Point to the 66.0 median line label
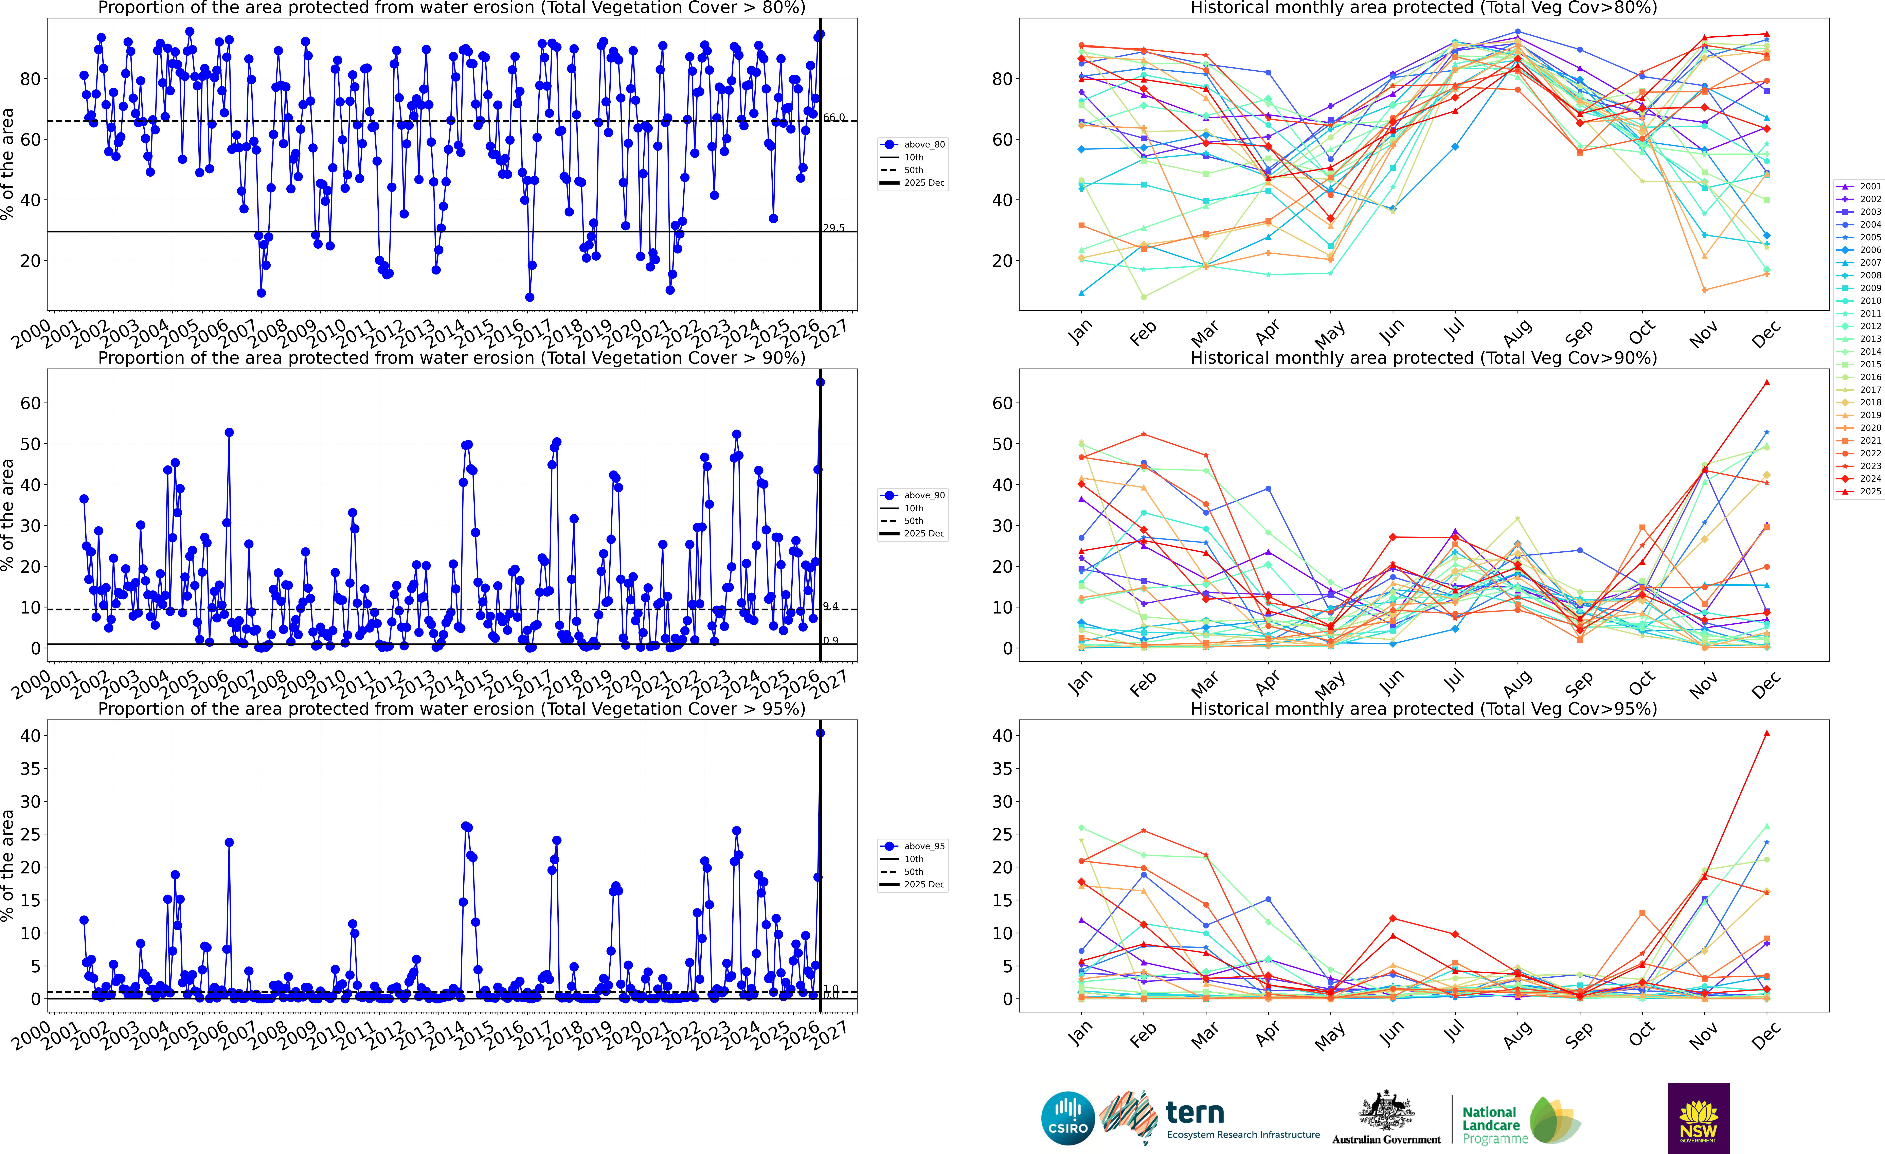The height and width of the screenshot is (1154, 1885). (x=834, y=117)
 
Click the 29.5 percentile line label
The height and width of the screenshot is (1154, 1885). (x=834, y=228)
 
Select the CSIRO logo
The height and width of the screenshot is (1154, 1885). (x=1068, y=1118)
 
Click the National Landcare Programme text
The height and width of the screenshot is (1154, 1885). (x=1490, y=1125)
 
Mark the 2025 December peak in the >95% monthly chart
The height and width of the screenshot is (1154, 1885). (x=1766, y=733)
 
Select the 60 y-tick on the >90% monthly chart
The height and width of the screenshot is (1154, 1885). (x=1002, y=403)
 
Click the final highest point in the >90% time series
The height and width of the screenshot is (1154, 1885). (x=820, y=382)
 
